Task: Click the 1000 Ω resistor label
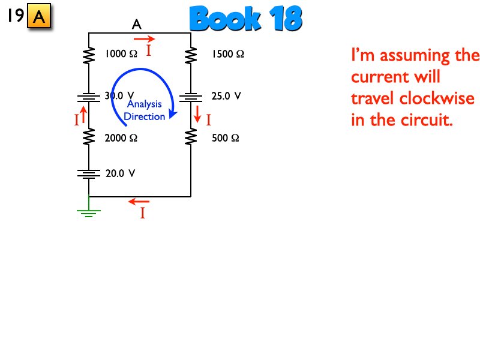tap(121, 54)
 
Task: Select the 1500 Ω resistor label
tap(227, 54)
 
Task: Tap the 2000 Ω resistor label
tap(121, 138)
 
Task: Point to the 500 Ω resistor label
tap(226, 138)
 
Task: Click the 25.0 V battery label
tap(226, 95)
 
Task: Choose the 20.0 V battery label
tap(120, 173)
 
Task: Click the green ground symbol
tap(89, 211)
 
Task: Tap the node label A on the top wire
tap(136, 25)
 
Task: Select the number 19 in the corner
tap(15, 16)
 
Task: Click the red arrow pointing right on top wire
tap(144, 38)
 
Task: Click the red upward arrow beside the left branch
tap(84, 113)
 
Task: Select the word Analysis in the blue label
tap(144, 104)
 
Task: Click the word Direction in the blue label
tap(144, 116)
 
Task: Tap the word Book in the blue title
tap(226, 20)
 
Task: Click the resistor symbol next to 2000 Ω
tap(89, 137)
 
